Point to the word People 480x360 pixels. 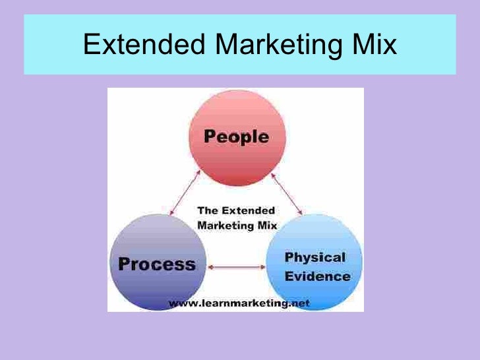(235, 137)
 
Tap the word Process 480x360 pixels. (157, 265)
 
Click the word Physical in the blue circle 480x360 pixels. (315, 256)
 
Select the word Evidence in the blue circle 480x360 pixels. (318, 276)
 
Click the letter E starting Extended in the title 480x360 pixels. (91, 45)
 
